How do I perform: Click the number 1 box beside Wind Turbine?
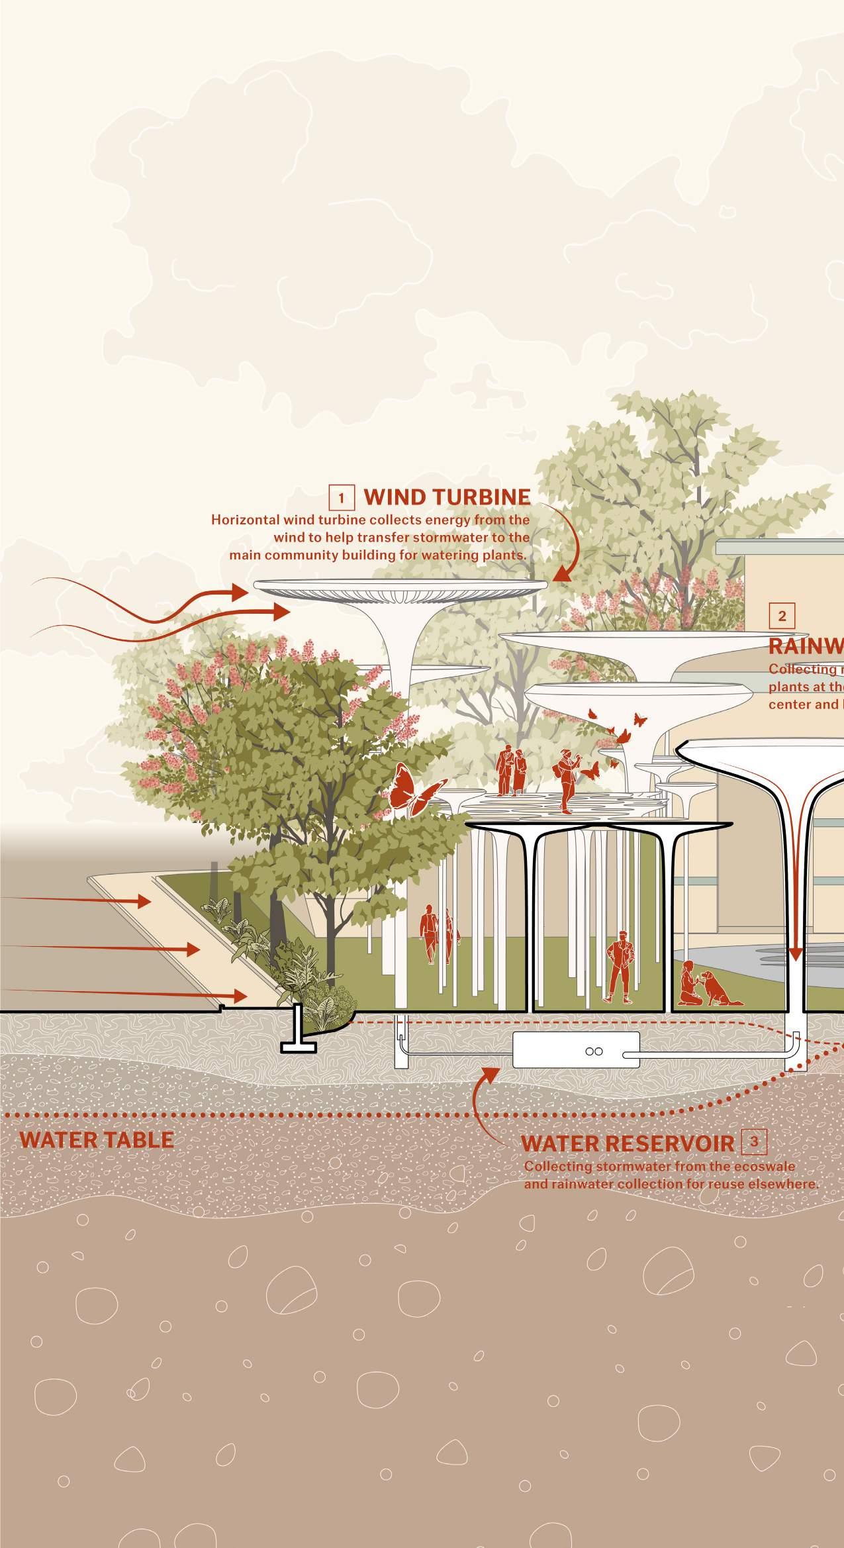coord(342,497)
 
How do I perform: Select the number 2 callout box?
coord(782,616)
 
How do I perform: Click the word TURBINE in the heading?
coord(471,497)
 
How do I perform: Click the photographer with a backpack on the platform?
coord(567,781)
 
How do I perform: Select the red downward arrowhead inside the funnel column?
coord(795,954)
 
